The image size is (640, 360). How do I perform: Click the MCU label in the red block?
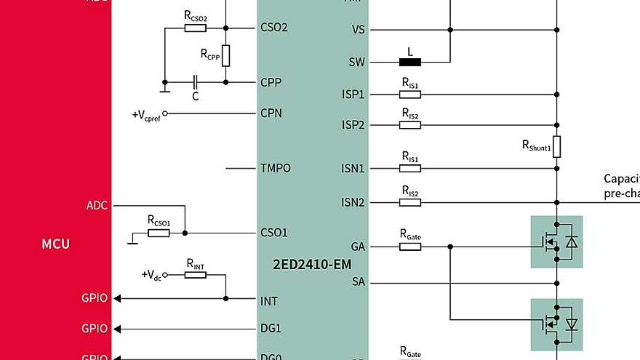click(x=56, y=244)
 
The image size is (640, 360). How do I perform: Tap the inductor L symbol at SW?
click(x=410, y=62)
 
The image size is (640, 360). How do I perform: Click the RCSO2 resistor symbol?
click(x=195, y=28)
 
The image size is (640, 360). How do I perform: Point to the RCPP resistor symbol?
click(x=225, y=55)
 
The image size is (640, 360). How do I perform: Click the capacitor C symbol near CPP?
click(x=195, y=82)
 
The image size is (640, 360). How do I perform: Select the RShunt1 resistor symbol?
click(x=556, y=146)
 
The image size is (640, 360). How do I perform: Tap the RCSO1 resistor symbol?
click(x=159, y=233)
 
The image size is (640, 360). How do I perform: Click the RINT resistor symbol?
click(x=195, y=275)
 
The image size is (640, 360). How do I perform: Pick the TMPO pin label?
click(x=276, y=168)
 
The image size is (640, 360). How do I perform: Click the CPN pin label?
click(x=271, y=113)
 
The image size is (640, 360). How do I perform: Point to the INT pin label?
click(x=269, y=300)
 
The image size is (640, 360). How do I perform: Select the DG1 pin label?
click(x=271, y=328)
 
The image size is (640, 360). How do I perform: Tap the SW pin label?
click(x=356, y=63)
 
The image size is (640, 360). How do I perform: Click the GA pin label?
click(x=357, y=247)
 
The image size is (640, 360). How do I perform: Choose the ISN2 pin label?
click(x=353, y=202)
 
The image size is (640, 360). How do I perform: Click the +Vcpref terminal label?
click(x=145, y=115)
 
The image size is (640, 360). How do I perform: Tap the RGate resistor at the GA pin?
click(x=410, y=247)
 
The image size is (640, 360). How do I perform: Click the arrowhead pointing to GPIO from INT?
click(x=119, y=298)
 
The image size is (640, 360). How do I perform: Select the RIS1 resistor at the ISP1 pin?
click(x=410, y=95)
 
